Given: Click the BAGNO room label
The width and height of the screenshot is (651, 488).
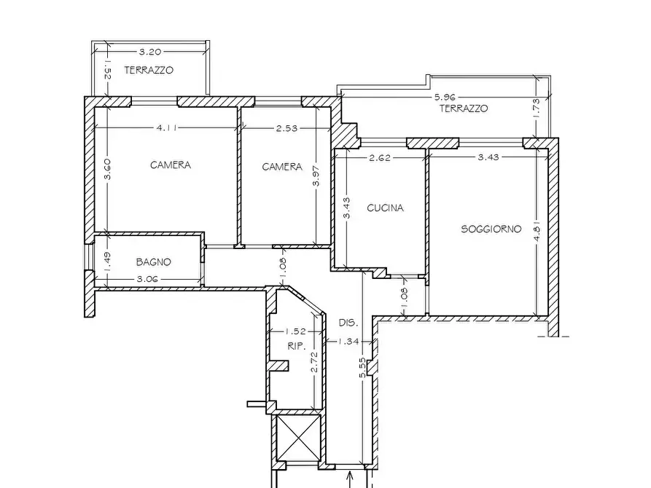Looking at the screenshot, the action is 153,261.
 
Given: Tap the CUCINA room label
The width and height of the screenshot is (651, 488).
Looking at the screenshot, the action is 386,208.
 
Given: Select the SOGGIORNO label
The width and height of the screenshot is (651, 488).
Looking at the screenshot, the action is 491,229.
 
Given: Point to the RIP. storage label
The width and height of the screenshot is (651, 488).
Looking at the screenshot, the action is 297,346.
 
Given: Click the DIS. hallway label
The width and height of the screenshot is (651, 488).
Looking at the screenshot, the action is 348,323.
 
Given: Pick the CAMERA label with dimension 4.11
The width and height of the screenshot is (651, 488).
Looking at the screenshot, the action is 171,165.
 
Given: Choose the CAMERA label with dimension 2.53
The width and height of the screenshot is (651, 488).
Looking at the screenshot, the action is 282,167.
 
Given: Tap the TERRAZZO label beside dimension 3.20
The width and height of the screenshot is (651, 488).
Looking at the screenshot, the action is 149,70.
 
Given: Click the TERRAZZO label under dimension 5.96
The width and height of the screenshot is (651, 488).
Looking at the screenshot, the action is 464,109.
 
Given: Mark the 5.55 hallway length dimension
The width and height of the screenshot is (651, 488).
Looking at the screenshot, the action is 363,368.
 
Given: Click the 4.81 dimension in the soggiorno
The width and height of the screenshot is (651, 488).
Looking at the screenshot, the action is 537,233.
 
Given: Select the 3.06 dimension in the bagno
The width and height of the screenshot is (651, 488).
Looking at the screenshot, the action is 147,279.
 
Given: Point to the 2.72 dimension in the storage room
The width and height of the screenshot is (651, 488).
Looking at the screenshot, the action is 315,362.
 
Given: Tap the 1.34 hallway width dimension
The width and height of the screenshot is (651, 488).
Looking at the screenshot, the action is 348,341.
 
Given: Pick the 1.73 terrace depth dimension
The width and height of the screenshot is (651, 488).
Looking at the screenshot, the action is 536,108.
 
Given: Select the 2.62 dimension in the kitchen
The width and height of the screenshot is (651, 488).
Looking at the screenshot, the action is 380,157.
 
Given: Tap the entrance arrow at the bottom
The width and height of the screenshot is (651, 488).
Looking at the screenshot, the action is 350,479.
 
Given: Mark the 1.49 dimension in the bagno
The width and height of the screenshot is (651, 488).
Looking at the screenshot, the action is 106,262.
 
